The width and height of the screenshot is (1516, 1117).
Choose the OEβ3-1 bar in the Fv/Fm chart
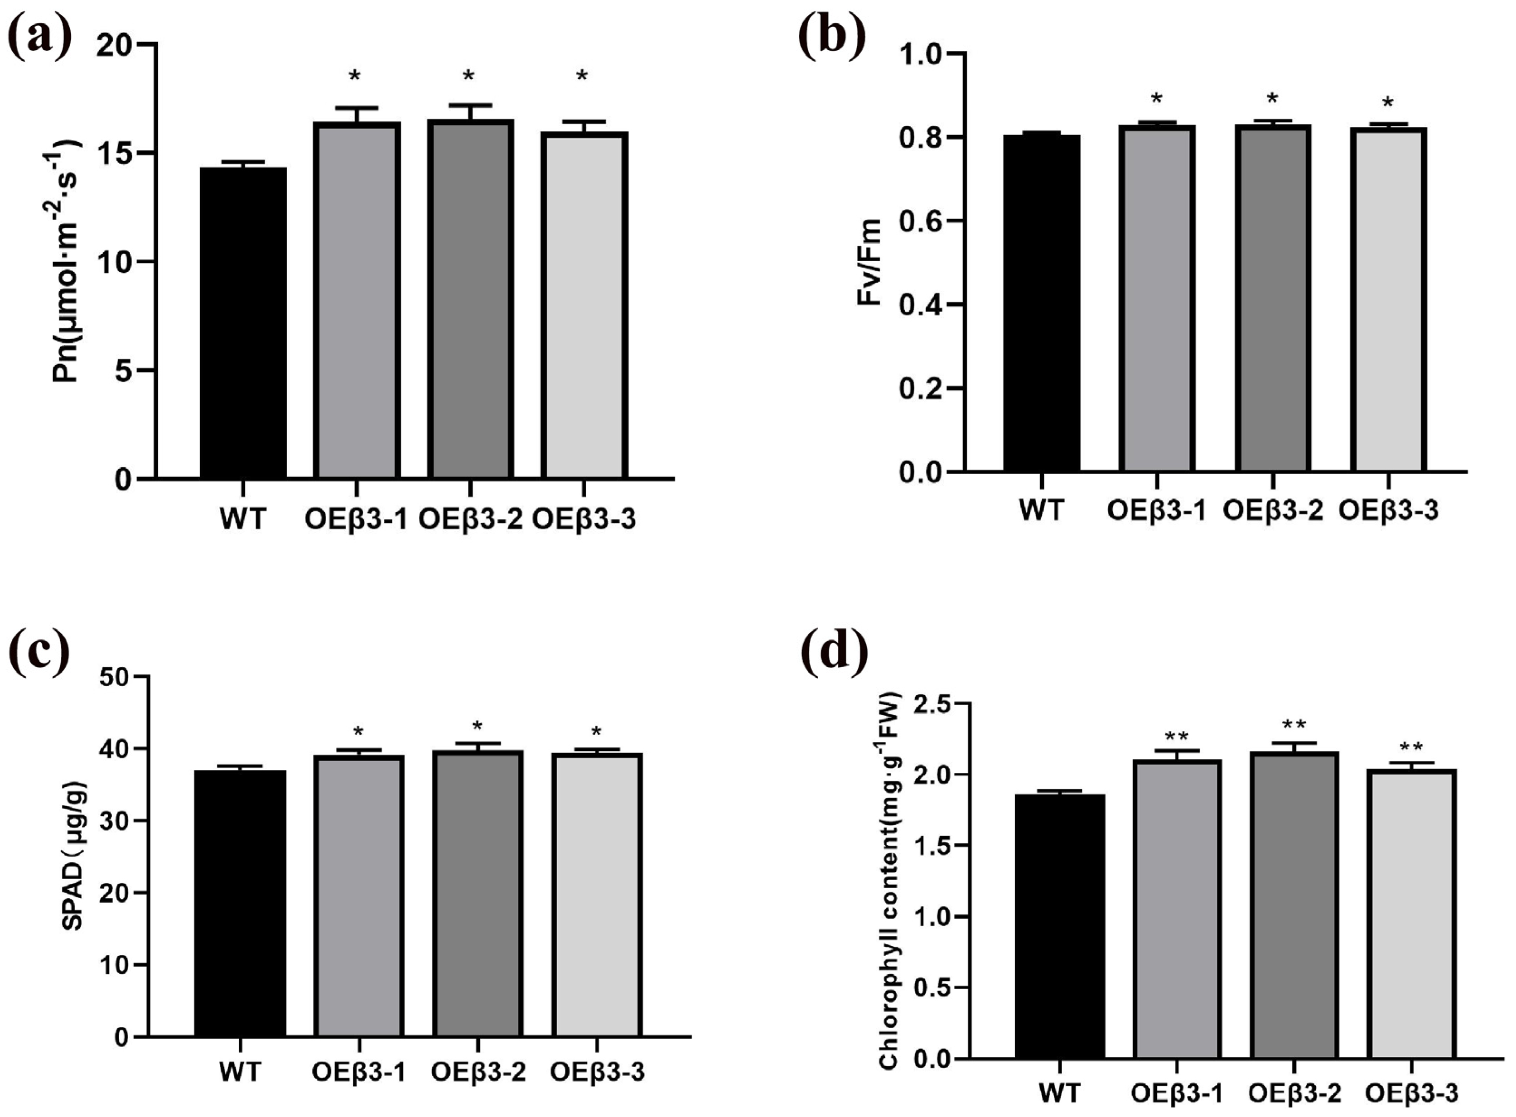tap(1157, 298)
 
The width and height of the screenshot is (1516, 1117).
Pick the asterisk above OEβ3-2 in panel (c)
tap(478, 727)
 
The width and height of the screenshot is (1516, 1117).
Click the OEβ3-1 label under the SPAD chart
tap(358, 1072)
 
